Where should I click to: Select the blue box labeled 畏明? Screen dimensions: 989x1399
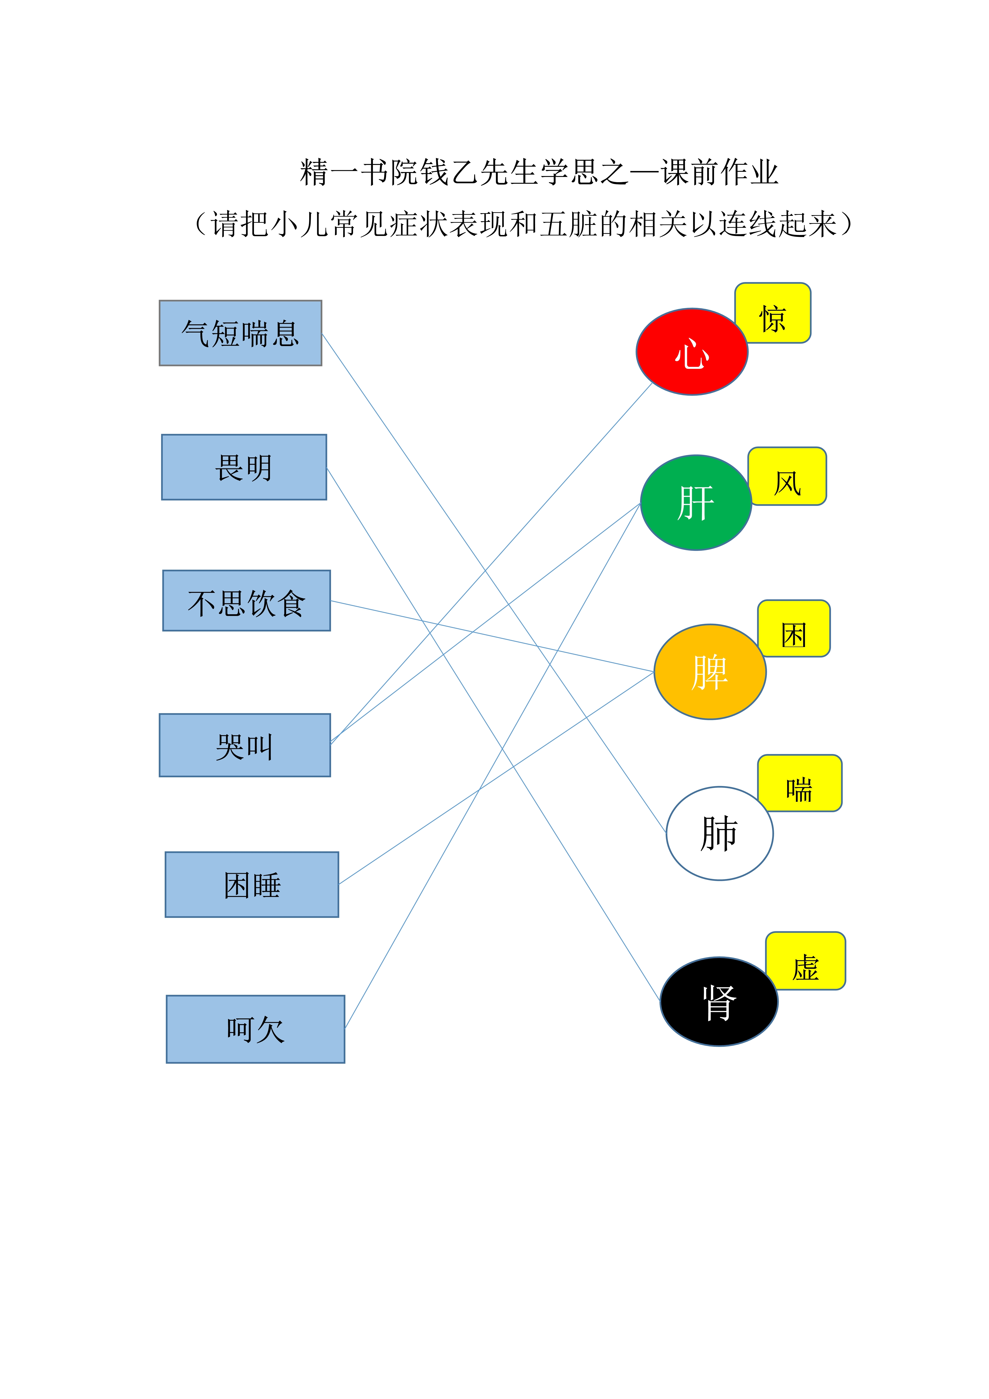(244, 467)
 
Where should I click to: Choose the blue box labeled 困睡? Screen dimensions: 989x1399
(252, 885)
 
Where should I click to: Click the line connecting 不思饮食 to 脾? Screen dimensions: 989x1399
(492, 636)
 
